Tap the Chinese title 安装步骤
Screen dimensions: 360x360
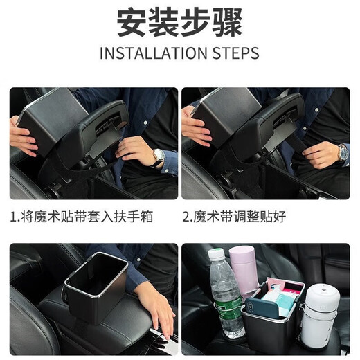[x=179, y=23]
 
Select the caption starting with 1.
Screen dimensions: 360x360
[x=82, y=217]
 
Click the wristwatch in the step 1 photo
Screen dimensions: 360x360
[x=159, y=156]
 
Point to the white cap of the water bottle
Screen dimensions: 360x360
[x=217, y=255]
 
